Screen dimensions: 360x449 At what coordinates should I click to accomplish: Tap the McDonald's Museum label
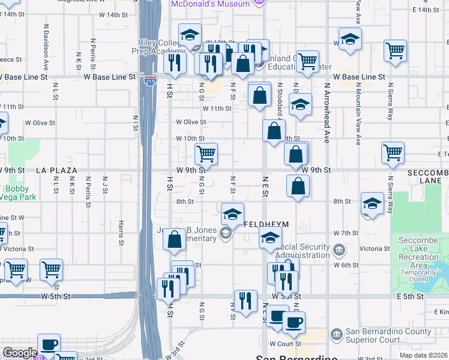[x=210, y=4]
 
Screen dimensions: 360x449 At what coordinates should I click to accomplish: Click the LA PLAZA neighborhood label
[x=57, y=170]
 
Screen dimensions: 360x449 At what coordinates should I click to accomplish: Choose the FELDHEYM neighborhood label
[x=268, y=224]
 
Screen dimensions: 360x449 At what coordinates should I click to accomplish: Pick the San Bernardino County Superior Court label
[x=388, y=336]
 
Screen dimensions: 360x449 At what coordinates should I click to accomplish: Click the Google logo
[x=20, y=353]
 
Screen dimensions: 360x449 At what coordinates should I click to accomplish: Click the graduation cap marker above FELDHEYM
[x=232, y=214]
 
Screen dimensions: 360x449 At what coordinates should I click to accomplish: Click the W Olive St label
[x=191, y=122]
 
